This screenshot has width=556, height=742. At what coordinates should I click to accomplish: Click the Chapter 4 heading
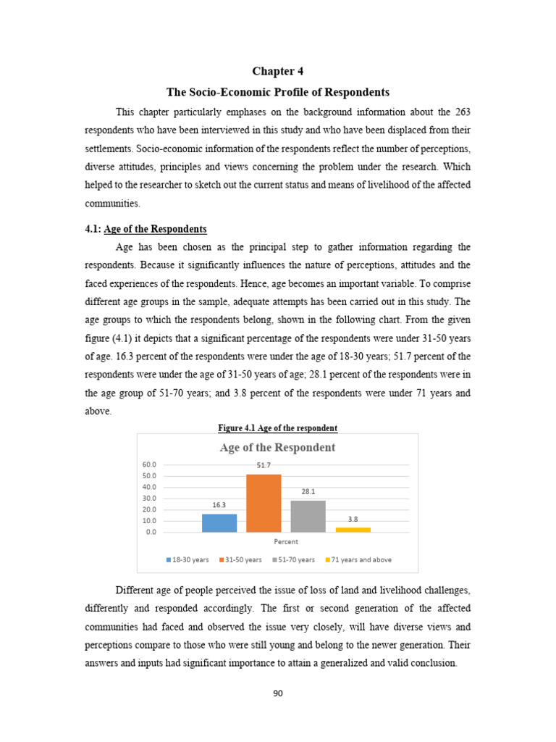(x=278, y=71)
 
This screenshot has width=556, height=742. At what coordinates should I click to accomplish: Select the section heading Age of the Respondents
(x=156, y=229)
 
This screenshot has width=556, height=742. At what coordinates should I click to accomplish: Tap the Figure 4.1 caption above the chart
(x=278, y=428)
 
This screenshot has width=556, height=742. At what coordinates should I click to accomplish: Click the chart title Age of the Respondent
(x=277, y=447)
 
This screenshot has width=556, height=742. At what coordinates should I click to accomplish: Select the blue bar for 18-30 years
(x=219, y=522)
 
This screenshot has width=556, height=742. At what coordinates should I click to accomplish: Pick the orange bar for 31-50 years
(x=264, y=503)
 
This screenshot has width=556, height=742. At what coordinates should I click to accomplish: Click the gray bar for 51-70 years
(x=308, y=516)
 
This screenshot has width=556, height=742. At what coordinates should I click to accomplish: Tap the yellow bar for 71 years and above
(x=353, y=530)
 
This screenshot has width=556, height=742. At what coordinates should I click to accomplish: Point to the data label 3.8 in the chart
(x=353, y=520)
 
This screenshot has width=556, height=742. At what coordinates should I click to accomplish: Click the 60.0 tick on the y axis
(x=150, y=464)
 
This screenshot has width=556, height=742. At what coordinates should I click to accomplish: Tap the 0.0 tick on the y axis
(x=151, y=532)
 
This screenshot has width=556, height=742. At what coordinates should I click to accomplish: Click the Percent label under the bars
(x=286, y=541)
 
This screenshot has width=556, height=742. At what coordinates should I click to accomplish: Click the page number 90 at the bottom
(x=278, y=693)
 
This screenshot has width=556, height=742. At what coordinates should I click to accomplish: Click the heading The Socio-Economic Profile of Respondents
(x=278, y=92)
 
